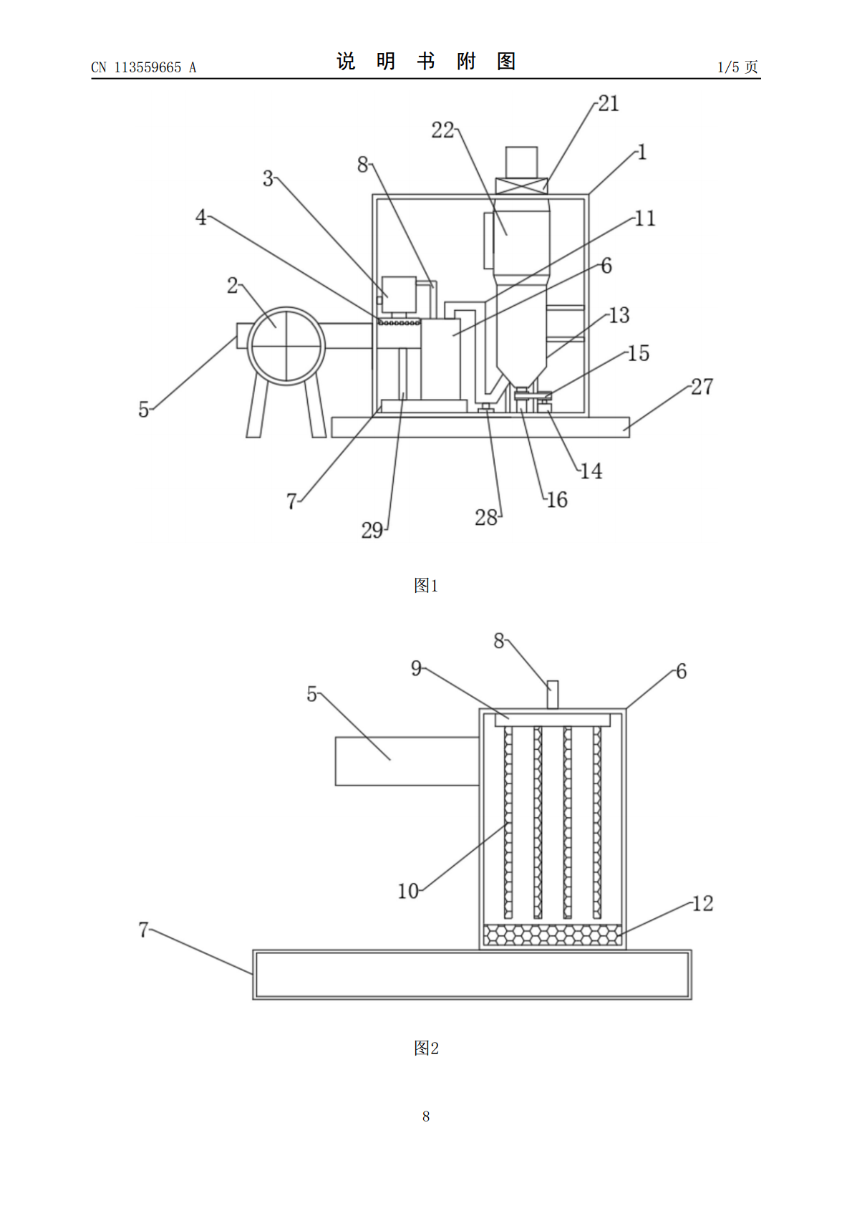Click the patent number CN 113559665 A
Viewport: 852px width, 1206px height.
(x=144, y=67)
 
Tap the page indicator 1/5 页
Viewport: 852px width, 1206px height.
(x=737, y=67)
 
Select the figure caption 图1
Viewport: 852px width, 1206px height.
(x=426, y=585)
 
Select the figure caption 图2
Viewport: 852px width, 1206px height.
(x=426, y=1048)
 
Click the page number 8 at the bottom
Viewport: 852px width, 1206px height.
(x=426, y=1116)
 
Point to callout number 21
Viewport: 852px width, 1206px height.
(x=609, y=103)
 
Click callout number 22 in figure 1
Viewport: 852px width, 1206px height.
(x=442, y=130)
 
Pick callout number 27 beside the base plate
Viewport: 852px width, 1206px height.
(x=702, y=387)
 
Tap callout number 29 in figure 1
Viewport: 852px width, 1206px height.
(x=372, y=531)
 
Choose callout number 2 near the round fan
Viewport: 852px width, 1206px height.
(x=233, y=285)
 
